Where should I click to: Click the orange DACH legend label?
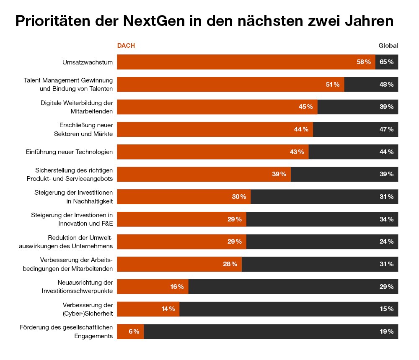126,46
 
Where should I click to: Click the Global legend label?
388,46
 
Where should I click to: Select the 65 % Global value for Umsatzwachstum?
386,62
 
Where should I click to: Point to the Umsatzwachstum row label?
88,62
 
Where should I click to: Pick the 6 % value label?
134,332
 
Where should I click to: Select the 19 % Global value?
386,332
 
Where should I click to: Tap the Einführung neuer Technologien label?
70,152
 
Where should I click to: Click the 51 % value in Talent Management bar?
333,85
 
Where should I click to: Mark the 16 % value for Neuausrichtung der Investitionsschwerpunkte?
177,287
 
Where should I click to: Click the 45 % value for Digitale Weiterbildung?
305,107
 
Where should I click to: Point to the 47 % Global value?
386,129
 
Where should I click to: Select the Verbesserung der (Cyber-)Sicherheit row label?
88,309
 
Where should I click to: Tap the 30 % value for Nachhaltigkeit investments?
239,197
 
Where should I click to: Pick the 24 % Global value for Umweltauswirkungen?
386,242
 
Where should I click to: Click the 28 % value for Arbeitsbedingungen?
230,264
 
